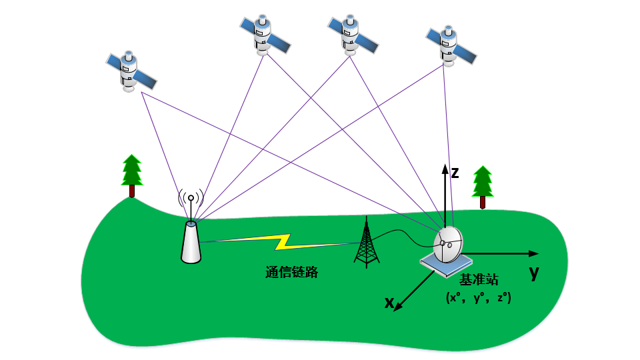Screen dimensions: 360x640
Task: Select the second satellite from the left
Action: (x=265, y=35)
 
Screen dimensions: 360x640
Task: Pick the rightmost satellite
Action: (x=452, y=46)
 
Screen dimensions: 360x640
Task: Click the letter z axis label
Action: (x=455, y=173)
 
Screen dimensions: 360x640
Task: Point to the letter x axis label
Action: (x=389, y=303)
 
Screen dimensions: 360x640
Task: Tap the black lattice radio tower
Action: (x=365, y=243)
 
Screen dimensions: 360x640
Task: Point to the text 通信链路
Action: (x=291, y=272)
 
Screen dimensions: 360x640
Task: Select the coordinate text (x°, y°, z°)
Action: (x=478, y=298)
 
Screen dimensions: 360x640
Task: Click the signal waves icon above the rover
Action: (x=191, y=198)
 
